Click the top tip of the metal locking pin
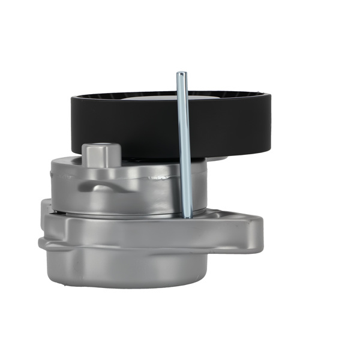click(x=181, y=74)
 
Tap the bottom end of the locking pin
click(x=187, y=215)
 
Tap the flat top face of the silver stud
click(x=100, y=147)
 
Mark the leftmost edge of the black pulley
click(x=71, y=123)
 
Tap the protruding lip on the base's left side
click(x=42, y=243)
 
